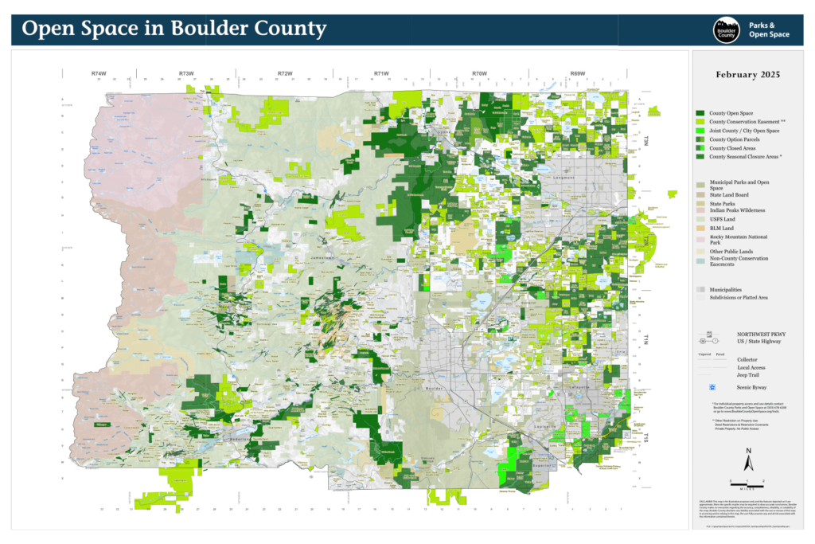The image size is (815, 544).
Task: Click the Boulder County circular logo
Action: coord(726,30)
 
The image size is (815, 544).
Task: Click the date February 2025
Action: coord(747,74)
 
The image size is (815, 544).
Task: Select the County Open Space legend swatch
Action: coord(701,114)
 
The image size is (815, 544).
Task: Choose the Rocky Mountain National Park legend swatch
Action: coord(700,239)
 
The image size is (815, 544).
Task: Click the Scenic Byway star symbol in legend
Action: coord(701,387)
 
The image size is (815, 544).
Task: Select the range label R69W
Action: coord(578,73)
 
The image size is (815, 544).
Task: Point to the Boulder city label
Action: coord(434,388)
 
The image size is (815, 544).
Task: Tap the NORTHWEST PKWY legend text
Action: coord(759,334)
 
